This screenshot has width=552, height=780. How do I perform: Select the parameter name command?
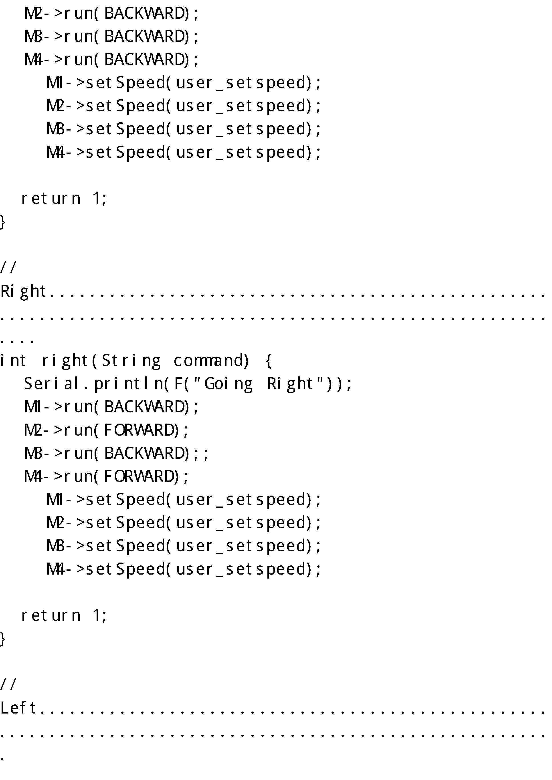point(211,361)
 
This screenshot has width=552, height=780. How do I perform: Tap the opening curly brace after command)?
point(268,361)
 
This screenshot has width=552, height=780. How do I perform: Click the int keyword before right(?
point(13,361)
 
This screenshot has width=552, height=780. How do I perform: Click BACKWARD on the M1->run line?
point(146,407)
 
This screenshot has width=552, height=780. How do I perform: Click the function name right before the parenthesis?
point(65,361)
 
